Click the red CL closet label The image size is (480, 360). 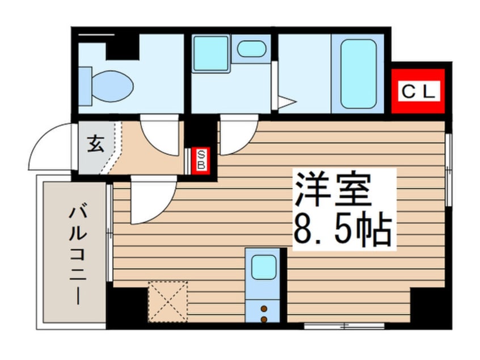[419, 91]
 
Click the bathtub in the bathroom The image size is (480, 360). [358, 74]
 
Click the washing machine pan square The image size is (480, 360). [210, 53]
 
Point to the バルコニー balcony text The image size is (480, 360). [77, 256]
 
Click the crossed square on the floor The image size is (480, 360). [168, 301]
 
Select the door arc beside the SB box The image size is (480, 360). [236, 136]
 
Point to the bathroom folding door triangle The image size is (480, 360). [284, 102]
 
